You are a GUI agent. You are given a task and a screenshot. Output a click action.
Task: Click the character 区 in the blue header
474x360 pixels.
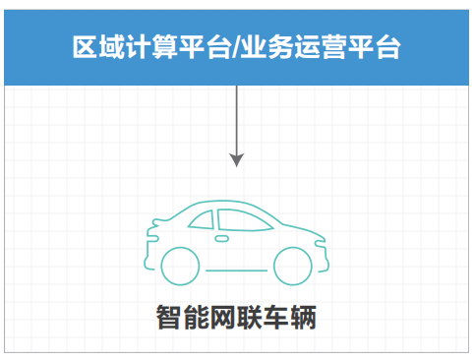click(85, 47)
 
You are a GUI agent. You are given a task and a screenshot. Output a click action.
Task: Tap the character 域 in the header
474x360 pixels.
click(112, 47)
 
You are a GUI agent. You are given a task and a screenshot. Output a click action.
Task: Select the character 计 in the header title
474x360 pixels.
click(138, 47)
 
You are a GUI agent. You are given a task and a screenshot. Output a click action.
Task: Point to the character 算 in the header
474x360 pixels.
click(165, 47)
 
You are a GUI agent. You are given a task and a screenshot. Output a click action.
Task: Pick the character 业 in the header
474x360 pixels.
click(254, 47)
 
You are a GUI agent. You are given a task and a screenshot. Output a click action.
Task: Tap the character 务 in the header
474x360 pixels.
click(280, 47)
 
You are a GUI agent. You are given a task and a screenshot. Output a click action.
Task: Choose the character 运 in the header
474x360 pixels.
click(307, 47)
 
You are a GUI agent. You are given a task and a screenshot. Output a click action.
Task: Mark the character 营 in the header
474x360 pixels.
click(333, 47)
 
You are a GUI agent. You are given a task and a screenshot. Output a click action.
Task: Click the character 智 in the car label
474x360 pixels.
click(169, 317)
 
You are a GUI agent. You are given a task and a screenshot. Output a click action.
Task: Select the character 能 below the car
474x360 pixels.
click(196, 317)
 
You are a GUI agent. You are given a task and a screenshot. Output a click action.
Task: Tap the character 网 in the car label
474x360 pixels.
click(222, 317)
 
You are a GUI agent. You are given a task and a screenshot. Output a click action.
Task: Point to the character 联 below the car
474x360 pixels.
click(249, 317)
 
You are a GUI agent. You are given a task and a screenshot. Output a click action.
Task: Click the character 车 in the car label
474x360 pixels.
click(276, 317)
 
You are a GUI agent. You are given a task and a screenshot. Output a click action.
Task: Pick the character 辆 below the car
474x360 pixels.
click(303, 317)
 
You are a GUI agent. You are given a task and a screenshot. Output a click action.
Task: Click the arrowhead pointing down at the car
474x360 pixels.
click(236, 159)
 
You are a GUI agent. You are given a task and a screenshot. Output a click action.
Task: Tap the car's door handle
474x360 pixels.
click(222, 239)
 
